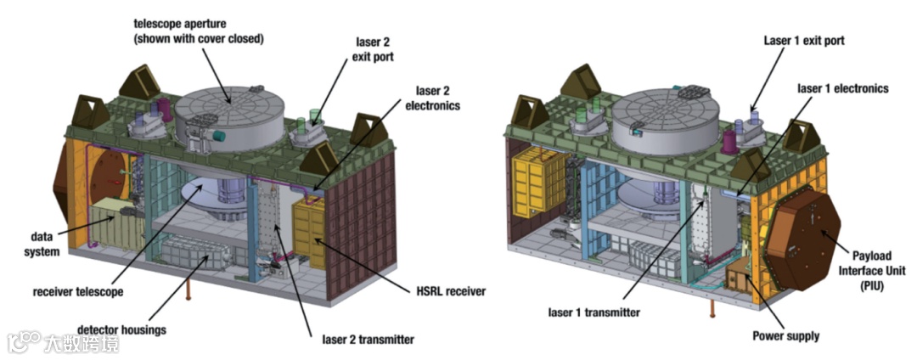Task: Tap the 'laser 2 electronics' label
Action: click(x=438, y=98)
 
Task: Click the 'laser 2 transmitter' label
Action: click(x=368, y=340)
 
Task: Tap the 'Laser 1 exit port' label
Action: click(x=804, y=40)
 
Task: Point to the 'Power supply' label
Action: click(x=786, y=336)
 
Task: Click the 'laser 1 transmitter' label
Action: click(x=594, y=312)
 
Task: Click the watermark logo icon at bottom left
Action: click(x=25, y=342)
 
